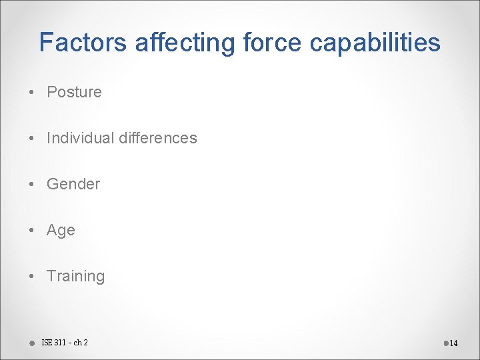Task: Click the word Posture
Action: click(74, 92)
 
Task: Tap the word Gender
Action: click(73, 184)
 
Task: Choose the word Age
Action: click(61, 231)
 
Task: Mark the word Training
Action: click(75, 276)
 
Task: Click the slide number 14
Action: click(453, 343)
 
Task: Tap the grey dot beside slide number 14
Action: click(445, 343)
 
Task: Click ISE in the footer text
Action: click(47, 343)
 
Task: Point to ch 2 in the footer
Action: click(81, 343)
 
